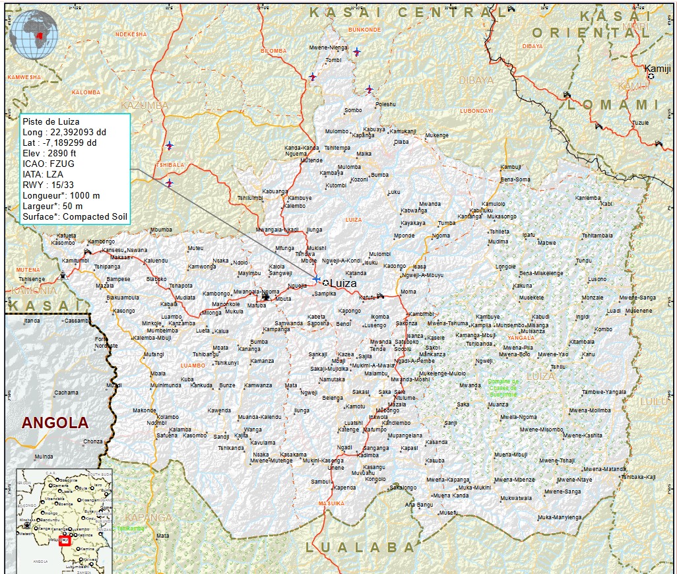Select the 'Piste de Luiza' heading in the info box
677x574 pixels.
pyautogui.click(x=51, y=122)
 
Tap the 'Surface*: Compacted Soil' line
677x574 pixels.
pyautogui.click(x=75, y=216)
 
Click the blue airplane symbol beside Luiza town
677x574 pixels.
pyautogui.click(x=317, y=279)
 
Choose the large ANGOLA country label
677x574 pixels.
pyautogui.click(x=55, y=423)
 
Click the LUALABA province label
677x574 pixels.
pyautogui.click(x=360, y=548)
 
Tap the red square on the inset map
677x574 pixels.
pyautogui.click(x=65, y=541)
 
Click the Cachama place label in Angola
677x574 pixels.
pyautogui.click(x=66, y=393)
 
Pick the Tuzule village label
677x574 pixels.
pyautogui.click(x=640, y=123)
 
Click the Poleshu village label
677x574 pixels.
pyautogui.click(x=385, y=104)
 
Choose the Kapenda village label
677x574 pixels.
pyautogui.click(x=344, y=488)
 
